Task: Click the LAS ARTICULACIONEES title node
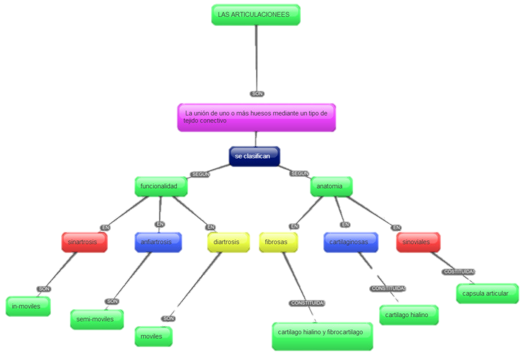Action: point(256,15)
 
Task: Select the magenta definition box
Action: point(256,117)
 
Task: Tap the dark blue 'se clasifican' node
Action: point(255,156)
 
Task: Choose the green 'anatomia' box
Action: point(331,186)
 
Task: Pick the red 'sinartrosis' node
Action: point(84,242)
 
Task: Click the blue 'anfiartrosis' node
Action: point(158,242)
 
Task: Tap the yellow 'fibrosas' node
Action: point(278,242)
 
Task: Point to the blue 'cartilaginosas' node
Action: point(350,242)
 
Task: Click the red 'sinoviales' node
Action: point(418,242)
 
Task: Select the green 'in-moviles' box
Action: point(28,306)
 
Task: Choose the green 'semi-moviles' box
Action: point(96,319)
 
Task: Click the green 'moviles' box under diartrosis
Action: point(153,336)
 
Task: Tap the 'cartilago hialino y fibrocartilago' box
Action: point(322,336)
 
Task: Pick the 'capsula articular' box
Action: point(487,293)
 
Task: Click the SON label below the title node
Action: point(257,93)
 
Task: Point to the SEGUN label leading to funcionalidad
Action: point(200,174)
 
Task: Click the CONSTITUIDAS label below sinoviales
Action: point(460,272)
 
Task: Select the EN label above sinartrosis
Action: point(105,228)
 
